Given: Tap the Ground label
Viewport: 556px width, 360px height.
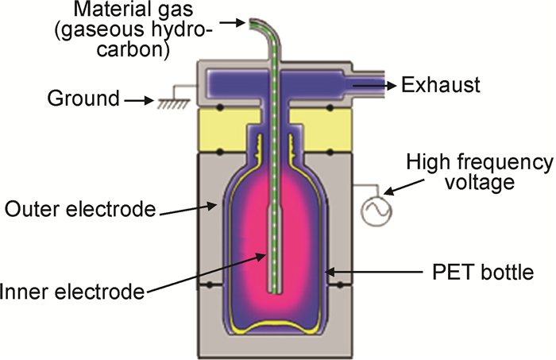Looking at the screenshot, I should (82, 100).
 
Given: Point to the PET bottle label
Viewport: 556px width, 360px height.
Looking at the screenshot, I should (475, 274).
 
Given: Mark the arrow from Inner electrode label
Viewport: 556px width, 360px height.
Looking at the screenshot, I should (207, 273).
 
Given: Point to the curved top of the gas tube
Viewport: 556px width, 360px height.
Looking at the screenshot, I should (259, 29).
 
